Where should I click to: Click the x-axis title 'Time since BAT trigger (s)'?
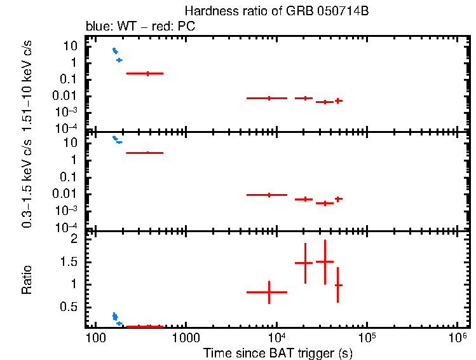point(278,352)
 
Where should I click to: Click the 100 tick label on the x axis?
point(95,336)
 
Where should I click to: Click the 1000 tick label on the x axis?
point(186,336)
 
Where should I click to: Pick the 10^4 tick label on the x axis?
point(276,335)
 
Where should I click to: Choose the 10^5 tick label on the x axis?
point(367,335)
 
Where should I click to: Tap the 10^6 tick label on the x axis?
point(457,335)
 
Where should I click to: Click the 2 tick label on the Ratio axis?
point(74,239)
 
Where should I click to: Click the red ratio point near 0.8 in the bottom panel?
point(269,292)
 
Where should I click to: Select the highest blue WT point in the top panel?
point(114,50)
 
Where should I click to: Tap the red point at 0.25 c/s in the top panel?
point(147,73)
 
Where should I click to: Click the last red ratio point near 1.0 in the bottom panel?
point(338,285)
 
